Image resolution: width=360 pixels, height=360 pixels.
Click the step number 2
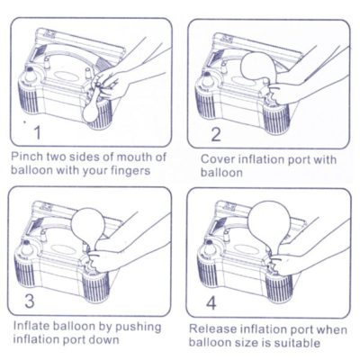click(214, 134)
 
